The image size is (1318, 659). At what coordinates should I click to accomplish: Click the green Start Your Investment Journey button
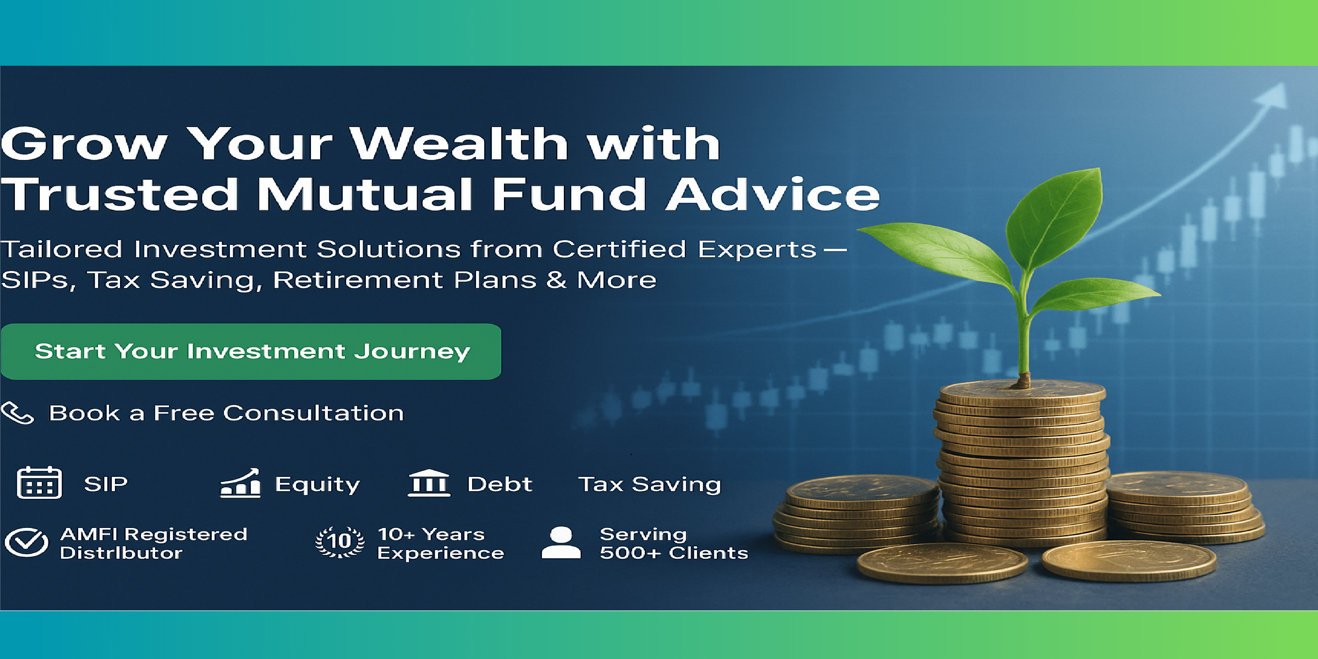(251, 351)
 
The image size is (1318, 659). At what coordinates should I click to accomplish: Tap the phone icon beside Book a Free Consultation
(17, 413)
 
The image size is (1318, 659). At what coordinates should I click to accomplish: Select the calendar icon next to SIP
(39, 482)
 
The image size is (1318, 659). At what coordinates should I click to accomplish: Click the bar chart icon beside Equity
(240, 483)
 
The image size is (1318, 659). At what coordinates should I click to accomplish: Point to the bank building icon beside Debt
(429, 483)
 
